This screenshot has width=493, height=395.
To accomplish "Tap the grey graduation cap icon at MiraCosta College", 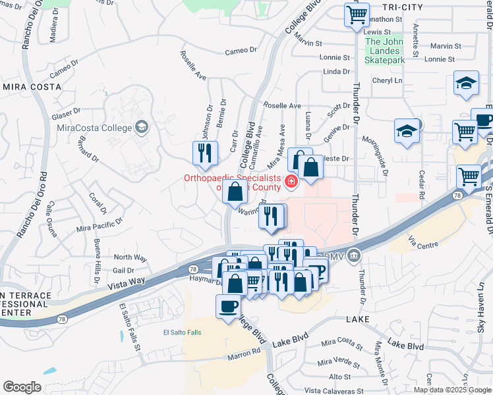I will [140, 126].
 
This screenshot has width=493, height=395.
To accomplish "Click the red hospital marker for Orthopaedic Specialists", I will [290, 181].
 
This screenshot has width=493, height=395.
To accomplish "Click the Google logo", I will [22, 387].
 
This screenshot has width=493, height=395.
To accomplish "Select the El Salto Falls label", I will [181, 332].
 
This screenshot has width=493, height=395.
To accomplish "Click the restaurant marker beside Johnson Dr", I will [204, 153].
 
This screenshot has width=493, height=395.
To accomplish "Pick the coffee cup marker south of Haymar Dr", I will [229, 306].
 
